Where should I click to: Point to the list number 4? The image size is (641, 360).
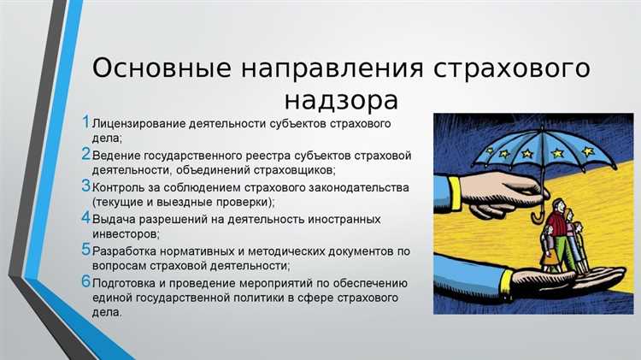pyautogui.click(x=85, y=218)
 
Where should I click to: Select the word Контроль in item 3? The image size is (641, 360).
pyautogui.click(x=120, y=188)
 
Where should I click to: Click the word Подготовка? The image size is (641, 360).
pyautogui.click(x=130, y=282)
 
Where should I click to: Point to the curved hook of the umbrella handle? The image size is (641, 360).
pyautogui.click(x=538, y=217)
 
